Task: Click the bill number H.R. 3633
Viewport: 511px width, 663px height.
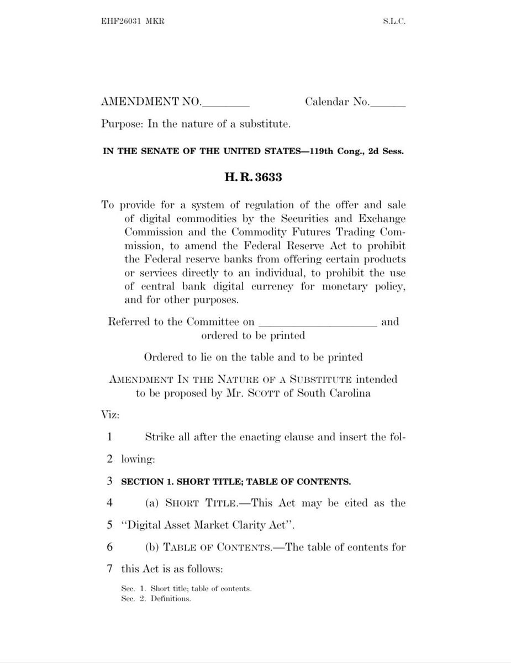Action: coord(253,178)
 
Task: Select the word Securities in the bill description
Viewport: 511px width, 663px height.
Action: coord(304,218)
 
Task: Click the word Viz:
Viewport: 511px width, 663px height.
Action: coord(110,414)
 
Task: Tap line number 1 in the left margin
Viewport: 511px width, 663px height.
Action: coord(110,437)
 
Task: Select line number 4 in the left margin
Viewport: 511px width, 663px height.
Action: coord(110,503)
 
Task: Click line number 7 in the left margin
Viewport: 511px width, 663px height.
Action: coord(110,569)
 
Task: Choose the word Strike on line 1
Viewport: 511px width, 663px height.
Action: coord(159,437)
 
